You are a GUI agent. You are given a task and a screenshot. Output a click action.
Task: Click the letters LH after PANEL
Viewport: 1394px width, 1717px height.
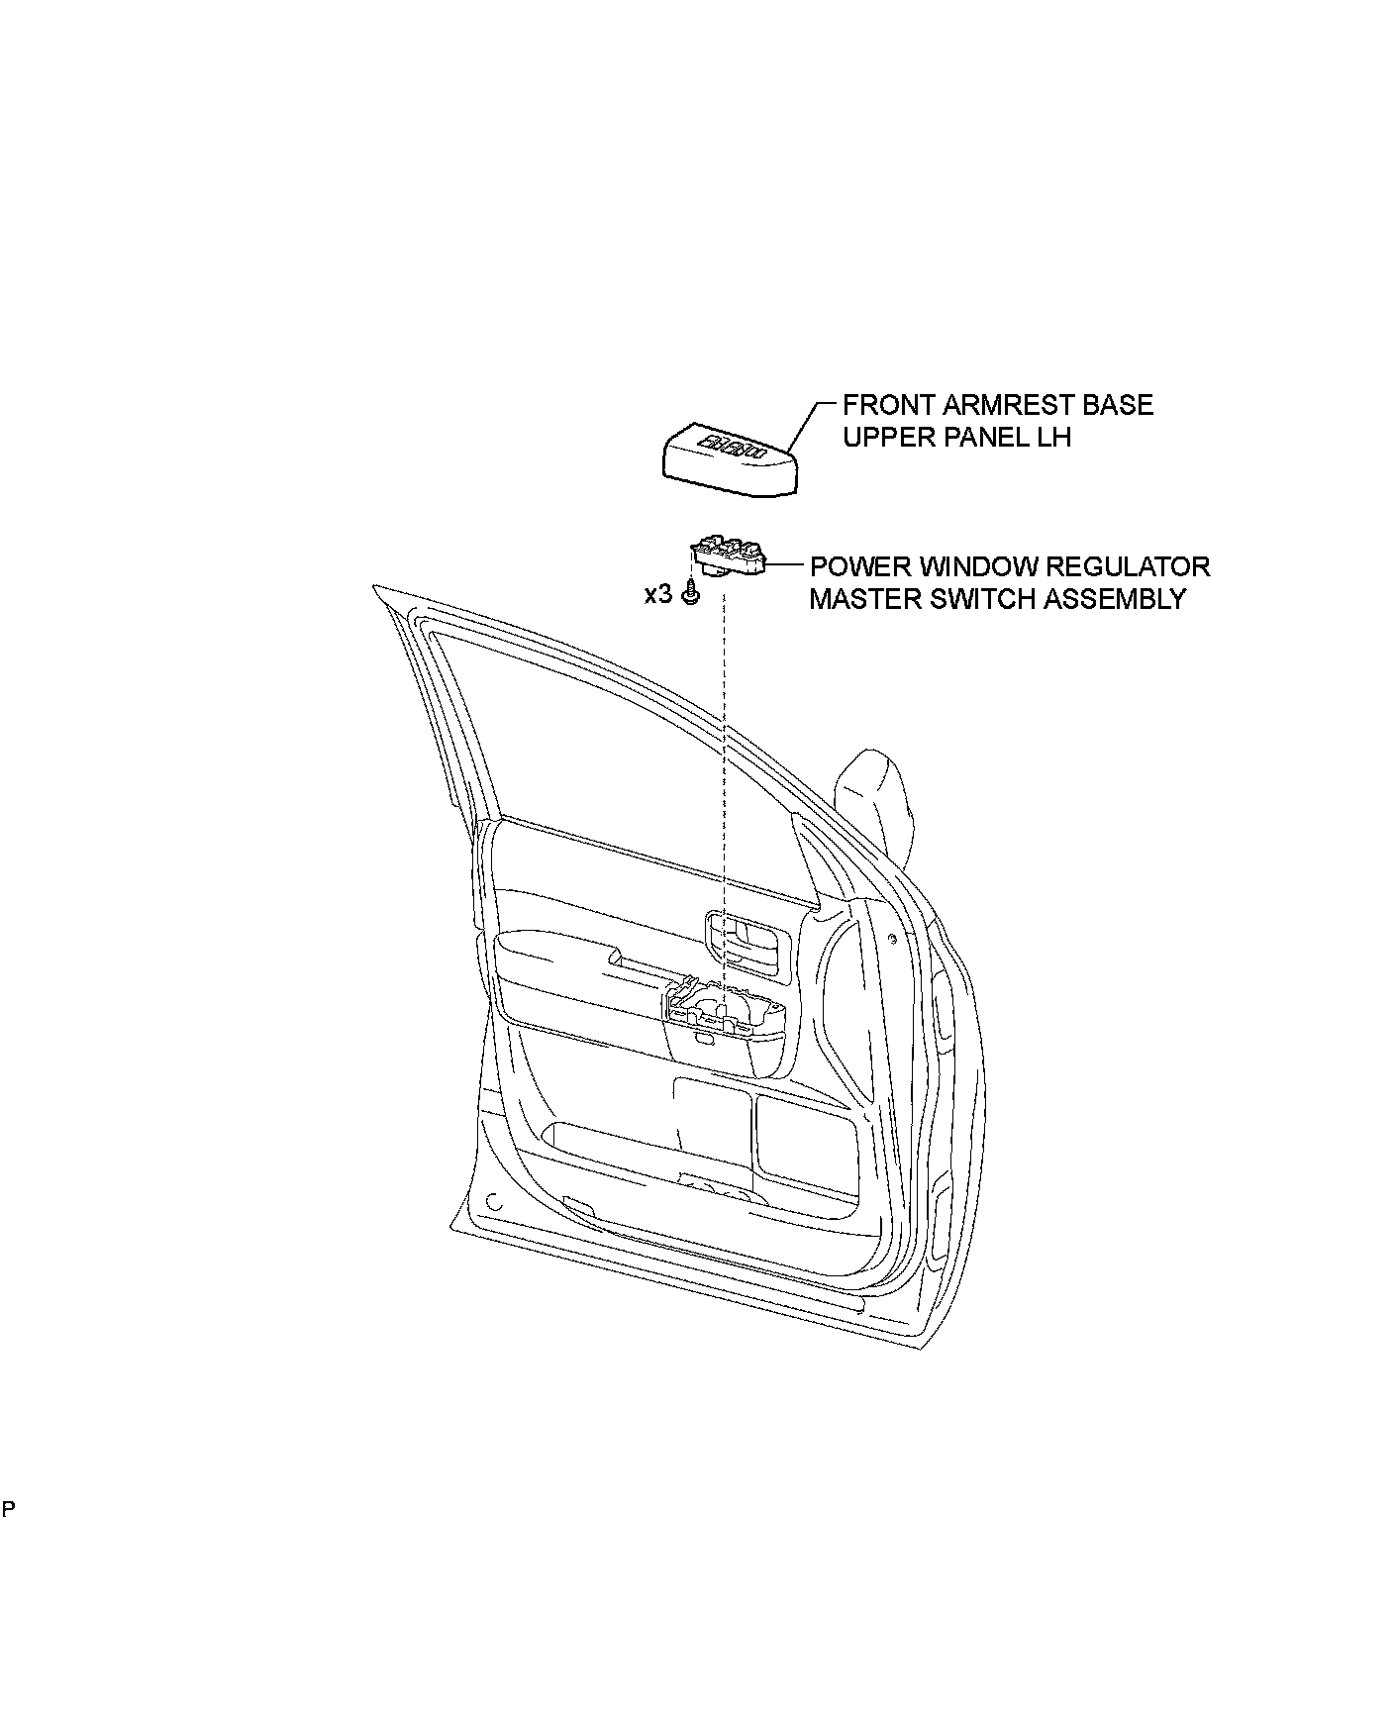pos(1054,437)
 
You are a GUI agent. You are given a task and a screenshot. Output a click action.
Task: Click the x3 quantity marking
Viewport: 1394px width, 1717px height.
pos(657,595)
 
